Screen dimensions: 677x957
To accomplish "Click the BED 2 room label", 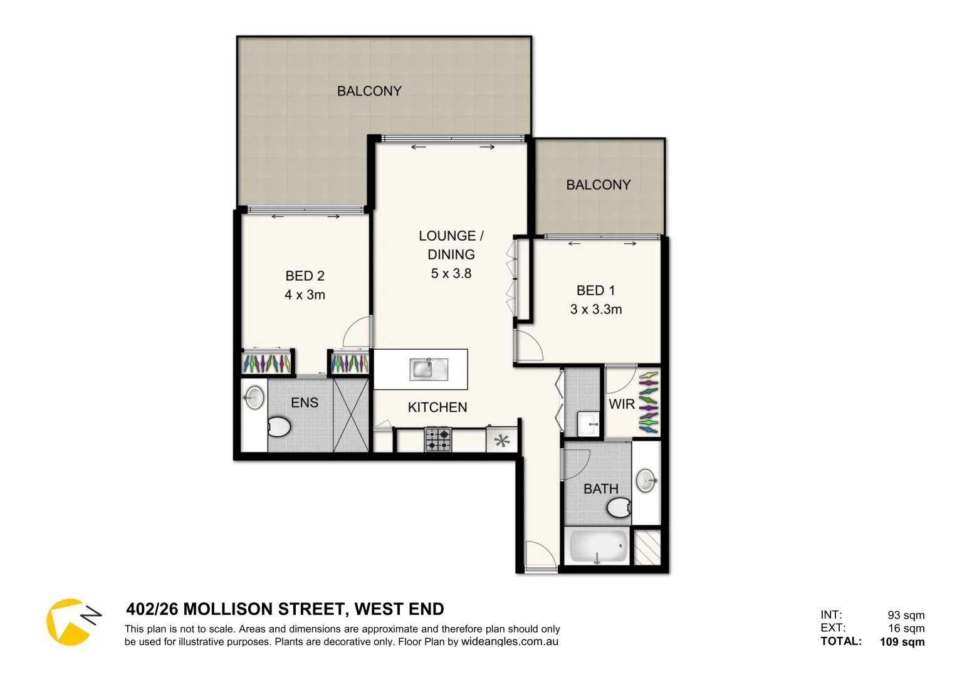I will (x=305, y=276).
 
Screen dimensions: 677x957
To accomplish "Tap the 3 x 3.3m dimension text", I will (x=595, y=309).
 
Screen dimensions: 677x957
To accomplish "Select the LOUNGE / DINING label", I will (x=451, y=245).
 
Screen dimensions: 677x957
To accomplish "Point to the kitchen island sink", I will (x=429, y=369).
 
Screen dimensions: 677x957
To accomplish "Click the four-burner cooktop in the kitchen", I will (x=437, y=439).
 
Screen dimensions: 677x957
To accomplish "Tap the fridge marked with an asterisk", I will (x=502, y=441).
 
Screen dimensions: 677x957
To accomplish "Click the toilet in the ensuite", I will (x=279, y=428).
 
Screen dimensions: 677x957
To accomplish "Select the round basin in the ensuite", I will (x=254, y=397).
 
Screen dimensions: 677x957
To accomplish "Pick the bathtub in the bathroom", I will (x=597, y=547).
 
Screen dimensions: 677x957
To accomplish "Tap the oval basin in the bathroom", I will (x=646, y=481).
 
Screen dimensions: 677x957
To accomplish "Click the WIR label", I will (x=622, y=404).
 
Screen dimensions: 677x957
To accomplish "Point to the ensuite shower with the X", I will (x=351, y=414).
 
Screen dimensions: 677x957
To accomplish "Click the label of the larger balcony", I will (x=369, y=91).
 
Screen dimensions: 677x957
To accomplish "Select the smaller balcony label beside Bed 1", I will (x=598, y=185).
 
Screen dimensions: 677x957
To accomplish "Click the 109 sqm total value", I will (x=902, y=641).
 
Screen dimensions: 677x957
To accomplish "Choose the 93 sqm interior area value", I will (x=906, y=615).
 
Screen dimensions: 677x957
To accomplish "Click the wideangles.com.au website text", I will (x=510, y=642).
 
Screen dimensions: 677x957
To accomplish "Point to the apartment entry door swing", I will (x=539, y=555).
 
